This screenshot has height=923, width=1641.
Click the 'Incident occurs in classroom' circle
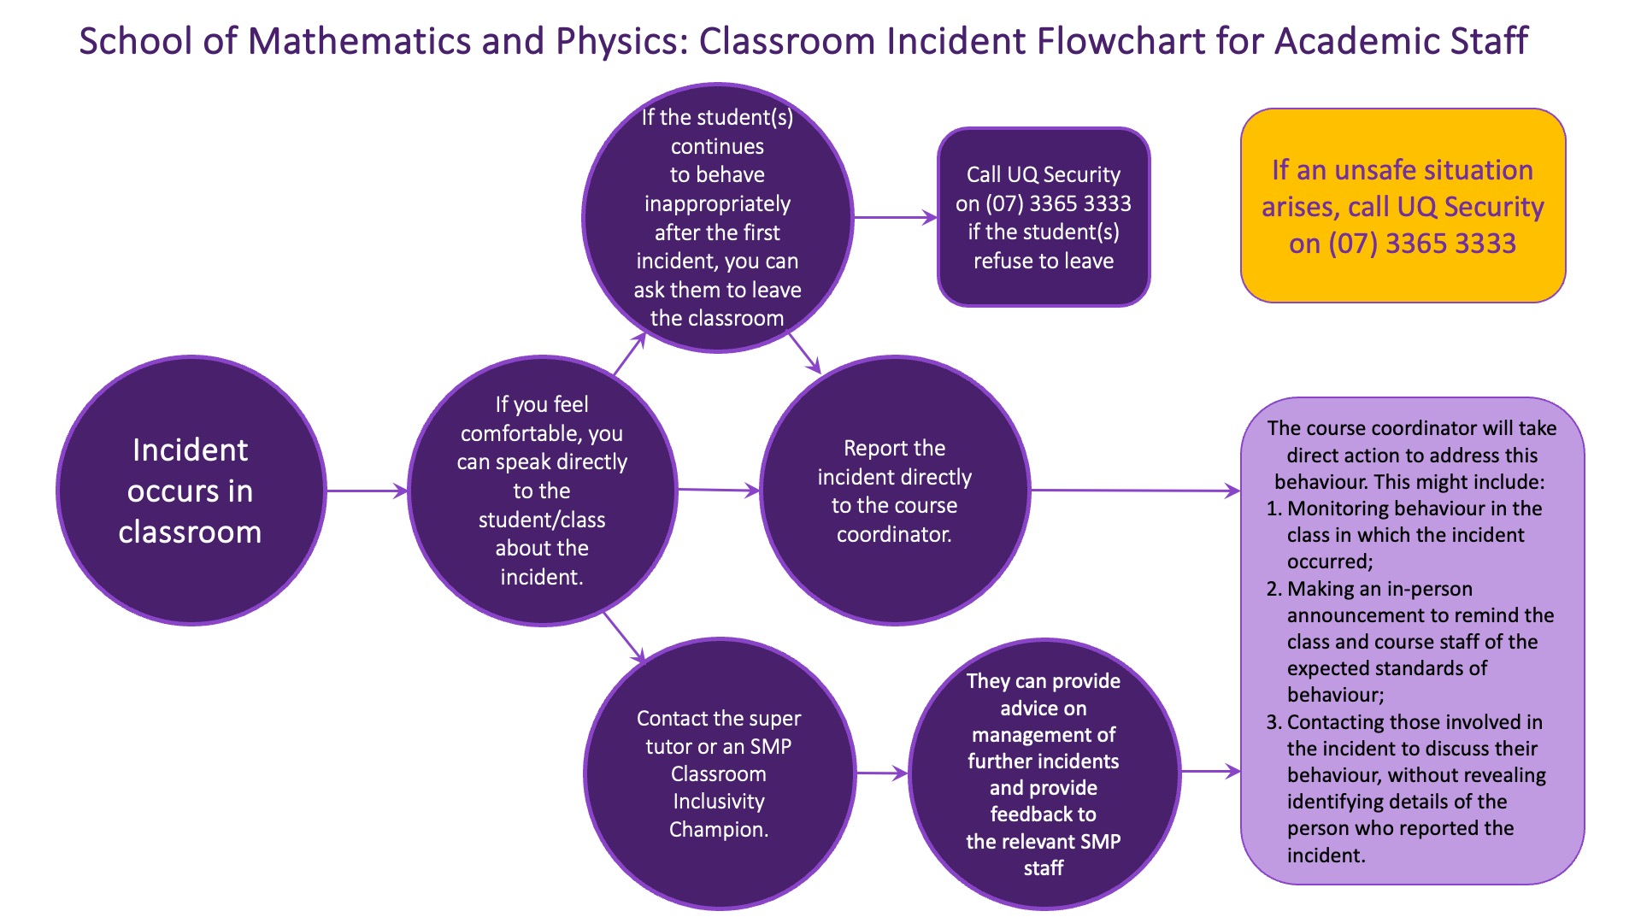coord(191,491)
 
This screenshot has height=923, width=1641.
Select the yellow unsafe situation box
coord(1403,205)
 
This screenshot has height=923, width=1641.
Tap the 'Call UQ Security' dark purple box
coord(1043,217)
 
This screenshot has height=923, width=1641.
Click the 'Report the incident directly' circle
coord(894,491)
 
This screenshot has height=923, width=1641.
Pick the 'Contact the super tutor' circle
coord(719,773)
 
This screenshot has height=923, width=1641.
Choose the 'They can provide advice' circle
coord(1043,773)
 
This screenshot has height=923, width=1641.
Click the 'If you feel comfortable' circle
coord(542,491)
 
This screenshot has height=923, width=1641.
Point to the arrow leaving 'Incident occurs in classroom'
coord(366,491)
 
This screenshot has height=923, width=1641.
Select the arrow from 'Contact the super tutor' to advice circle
coord(880,773)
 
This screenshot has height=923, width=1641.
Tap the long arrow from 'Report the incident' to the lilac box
coord(1135,491)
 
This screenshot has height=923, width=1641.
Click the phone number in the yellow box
coord(1422,244)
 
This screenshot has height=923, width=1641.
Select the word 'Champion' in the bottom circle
coord(717,829)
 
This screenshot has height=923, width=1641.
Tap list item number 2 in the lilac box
coord(1273,589)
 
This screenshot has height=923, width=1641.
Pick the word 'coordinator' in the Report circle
coord(893,534)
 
